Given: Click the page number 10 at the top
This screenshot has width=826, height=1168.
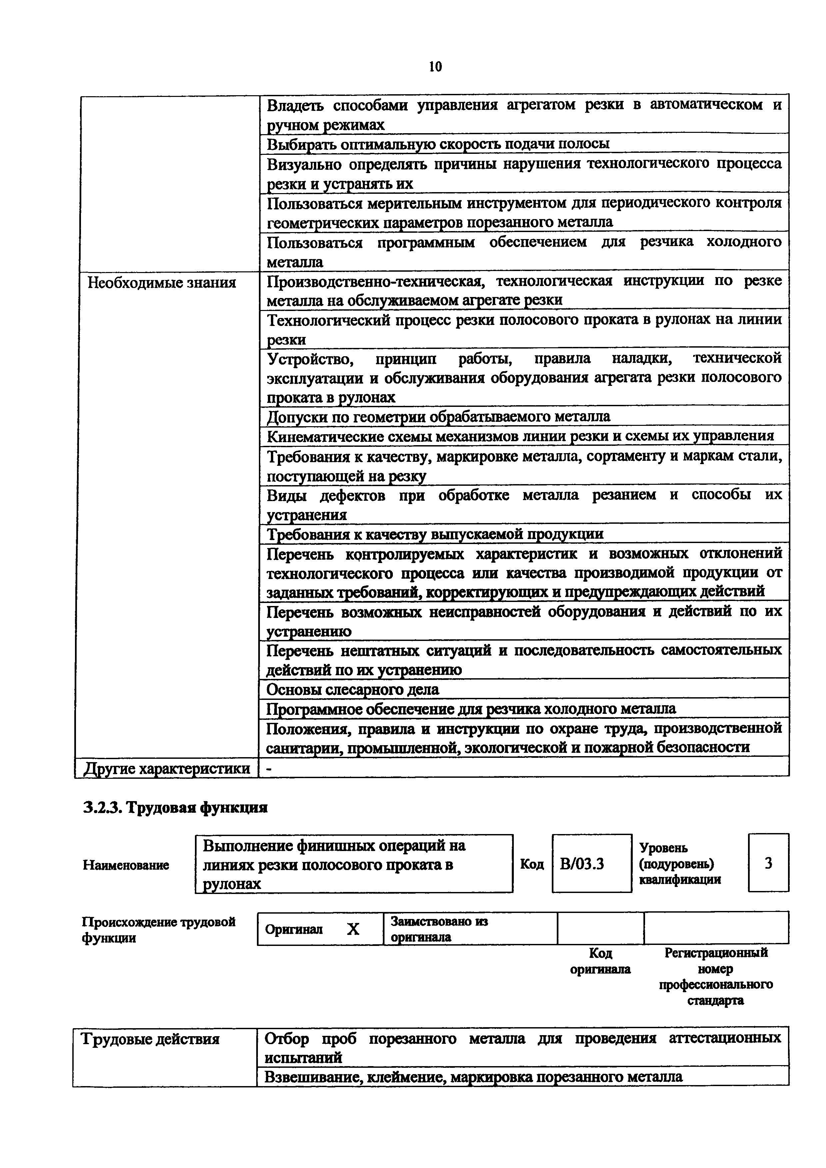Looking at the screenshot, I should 435,67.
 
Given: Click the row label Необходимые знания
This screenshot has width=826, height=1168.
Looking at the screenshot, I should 162,282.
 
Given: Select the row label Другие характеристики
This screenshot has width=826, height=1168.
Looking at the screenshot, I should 167,768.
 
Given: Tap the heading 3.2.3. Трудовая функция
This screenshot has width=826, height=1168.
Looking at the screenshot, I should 175,808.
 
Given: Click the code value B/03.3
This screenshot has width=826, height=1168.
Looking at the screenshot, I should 582,864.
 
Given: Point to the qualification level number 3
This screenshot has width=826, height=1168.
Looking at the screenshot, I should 768,863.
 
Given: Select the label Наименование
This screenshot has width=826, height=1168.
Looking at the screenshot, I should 126,865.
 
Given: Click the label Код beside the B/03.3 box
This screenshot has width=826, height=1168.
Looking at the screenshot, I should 532,864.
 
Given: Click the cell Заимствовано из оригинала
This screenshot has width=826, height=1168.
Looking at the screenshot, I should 439,929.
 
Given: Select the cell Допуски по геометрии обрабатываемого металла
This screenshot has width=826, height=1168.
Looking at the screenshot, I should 438,417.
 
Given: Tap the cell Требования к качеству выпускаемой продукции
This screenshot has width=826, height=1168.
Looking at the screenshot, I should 435,534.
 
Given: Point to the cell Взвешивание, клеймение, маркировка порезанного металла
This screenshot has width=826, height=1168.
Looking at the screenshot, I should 473,1077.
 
